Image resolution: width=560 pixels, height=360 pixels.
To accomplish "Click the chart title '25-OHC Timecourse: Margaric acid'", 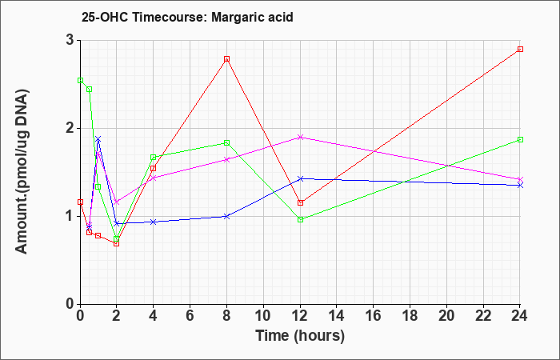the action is [x=187, y=17].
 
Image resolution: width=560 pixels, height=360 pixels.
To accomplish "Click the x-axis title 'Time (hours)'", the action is [x=300, y=336].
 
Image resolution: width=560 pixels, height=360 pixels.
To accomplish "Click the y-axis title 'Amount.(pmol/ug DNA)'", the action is [x=22, y=172].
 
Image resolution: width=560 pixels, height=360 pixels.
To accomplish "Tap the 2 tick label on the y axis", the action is [x=70, y=129].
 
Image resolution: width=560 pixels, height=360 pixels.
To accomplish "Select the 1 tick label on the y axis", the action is [x=70, y=217].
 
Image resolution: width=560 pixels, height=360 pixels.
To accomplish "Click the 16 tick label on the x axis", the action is [x=374, y=316].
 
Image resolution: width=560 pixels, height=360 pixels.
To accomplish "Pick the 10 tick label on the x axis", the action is [x=263, y=316].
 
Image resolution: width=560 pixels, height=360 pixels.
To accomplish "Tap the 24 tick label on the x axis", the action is [x=520, y=316].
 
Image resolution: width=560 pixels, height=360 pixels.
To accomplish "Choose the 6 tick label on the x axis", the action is [x=190, y=316].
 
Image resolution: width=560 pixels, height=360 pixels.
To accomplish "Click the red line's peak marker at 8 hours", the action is [x=226, y=59].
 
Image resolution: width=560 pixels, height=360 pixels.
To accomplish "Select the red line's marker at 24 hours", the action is [x=520, y=50].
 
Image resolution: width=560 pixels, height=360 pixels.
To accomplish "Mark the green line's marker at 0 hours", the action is [x=80, y=80].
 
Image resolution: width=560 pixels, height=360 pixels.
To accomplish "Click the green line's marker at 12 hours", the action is [x=300, y=220].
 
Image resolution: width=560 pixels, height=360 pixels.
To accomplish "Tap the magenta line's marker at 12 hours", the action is [x=300, y=137].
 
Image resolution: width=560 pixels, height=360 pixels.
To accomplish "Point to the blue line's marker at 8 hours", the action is [x=226, y=217].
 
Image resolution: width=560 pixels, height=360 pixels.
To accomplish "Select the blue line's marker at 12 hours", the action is [x=300, y=178].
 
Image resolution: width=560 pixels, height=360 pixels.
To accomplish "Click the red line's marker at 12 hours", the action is [x=300, y=203].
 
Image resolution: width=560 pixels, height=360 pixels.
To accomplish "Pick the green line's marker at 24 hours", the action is [x=520, y=140].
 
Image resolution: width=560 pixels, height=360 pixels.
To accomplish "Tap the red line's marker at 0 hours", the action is [x=80, y=202].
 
